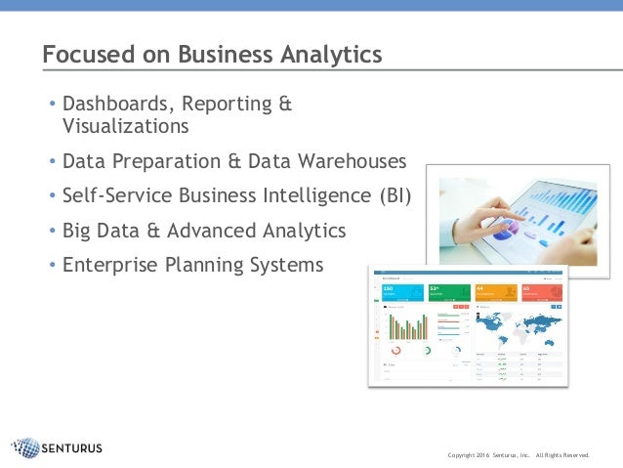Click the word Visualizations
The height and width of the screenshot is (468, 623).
click(125, 126)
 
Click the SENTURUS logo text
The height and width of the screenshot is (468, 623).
click(72, 448)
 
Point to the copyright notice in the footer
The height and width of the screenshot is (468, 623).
click(519, 454)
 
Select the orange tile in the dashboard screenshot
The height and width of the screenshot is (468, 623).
click(496, 292)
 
